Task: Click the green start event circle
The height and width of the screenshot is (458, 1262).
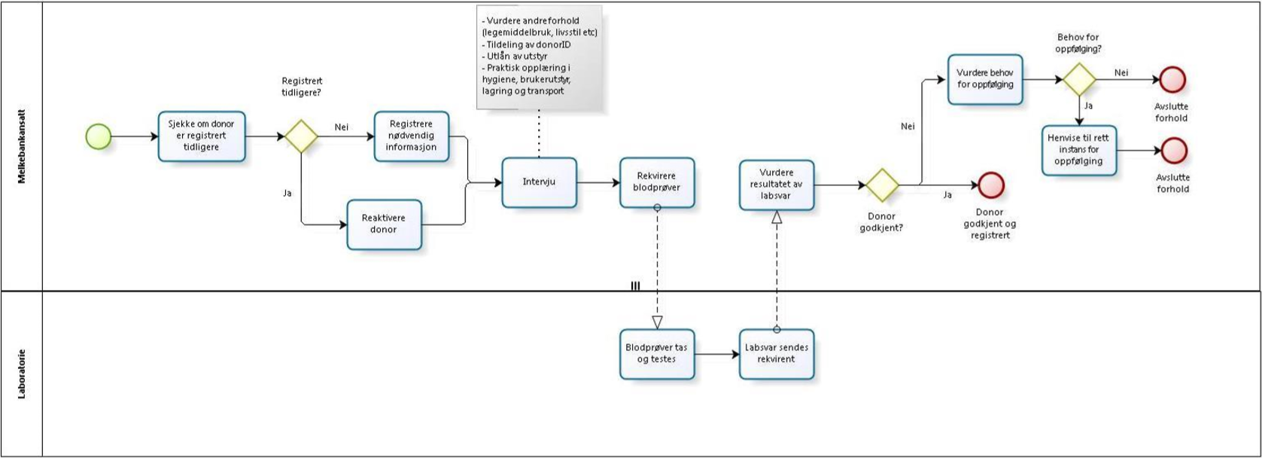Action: point(99,136)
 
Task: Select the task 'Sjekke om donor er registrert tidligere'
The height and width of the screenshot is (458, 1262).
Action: point(202,136)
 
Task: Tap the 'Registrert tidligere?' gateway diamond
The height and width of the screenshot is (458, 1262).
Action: point(300,136)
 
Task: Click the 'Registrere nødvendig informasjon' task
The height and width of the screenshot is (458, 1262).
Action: point(411,136)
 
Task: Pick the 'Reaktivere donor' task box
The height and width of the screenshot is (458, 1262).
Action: point(384,224)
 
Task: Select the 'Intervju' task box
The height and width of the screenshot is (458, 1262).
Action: point(539,182)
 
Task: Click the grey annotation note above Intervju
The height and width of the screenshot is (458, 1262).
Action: point(539,57)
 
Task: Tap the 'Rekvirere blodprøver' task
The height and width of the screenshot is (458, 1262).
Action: point(657,182)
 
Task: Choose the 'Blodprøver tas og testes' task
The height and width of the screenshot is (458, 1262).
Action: point(657,353)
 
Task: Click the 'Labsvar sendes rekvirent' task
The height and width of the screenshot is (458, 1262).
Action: point(776,353)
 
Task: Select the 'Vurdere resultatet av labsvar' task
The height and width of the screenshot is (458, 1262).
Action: point(776,185)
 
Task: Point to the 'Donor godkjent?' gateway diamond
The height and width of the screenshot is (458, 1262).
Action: point(882,185)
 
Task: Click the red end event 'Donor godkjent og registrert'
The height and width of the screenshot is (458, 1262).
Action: point(990,185)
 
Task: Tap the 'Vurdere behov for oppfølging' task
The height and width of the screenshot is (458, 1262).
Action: point(985,79)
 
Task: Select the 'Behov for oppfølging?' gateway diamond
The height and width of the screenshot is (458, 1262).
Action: point(1079,78)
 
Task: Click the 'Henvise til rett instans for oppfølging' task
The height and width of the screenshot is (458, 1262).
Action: point(1079,150)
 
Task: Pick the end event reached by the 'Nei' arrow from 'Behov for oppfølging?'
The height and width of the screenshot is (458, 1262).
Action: point(1172,78)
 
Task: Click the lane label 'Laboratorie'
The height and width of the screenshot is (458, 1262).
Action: point(21,373)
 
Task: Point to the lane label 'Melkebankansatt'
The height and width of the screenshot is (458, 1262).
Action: point(21,145)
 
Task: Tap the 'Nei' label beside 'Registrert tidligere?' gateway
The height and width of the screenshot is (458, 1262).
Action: point(342,127)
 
